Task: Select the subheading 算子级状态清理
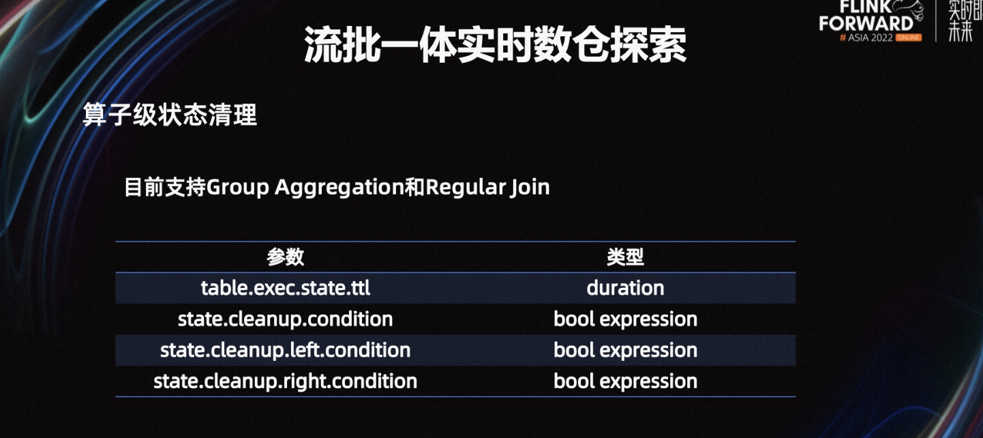(x=170, y=115)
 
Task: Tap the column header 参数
(x=285, y=257)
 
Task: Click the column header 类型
(x=625, y=257)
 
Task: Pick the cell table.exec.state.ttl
(x=285, y=288)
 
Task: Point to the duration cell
(x=625, y=288)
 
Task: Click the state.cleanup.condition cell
(x=285, y=319)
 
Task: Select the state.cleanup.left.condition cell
(x=285, y=351)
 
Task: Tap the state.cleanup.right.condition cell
(x=285, y=381)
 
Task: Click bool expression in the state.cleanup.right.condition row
(x=625, y=381)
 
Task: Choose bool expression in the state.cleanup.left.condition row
(x=625, y=351)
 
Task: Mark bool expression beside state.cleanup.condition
(x=625, y=319)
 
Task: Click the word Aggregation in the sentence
(x=339, y=188)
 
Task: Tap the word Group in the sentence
(x=237, y=188)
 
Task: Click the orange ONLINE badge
(x=908, y=38)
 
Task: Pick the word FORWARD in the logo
(x=866, y=23)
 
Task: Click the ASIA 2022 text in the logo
(x=870, y=38)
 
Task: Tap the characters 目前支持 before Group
(x=165, y=187)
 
